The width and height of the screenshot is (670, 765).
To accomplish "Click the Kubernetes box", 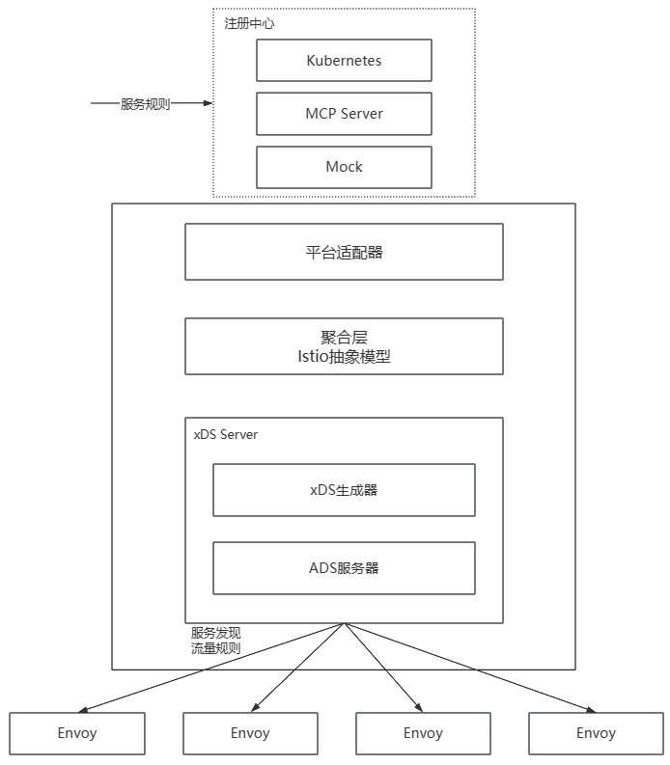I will click(x=344, y=61).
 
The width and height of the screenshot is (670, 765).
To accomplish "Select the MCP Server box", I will click(x=344, y=114).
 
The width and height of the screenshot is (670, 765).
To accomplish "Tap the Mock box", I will click(x=344, y=167).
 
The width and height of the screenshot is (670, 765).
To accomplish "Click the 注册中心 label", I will click(x=249, y=22).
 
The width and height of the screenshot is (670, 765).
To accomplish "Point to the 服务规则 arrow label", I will click(x=145, y=104).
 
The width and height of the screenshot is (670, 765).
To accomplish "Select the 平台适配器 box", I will click(x=344, y=252).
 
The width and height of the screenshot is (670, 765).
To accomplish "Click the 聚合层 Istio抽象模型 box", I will click(x=344, y=346).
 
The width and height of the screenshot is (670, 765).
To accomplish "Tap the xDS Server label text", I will click(x=226, y=435).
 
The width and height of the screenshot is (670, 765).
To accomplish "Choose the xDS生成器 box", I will click(x=344, y=490).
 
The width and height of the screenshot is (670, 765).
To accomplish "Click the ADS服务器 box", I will click(x=344, y=568).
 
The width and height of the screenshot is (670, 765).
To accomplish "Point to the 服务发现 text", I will click(x=215, y=634).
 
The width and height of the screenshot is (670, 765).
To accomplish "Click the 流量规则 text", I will click(x=215, y=649).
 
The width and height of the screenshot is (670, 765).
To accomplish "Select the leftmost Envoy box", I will click(x=77, y=733).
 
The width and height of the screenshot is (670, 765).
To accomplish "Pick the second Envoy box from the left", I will click(x=250, y=733).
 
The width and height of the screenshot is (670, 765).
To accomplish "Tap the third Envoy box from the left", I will click(x=423, y=733).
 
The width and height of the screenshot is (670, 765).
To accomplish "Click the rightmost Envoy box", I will click(x=596, y=733).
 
